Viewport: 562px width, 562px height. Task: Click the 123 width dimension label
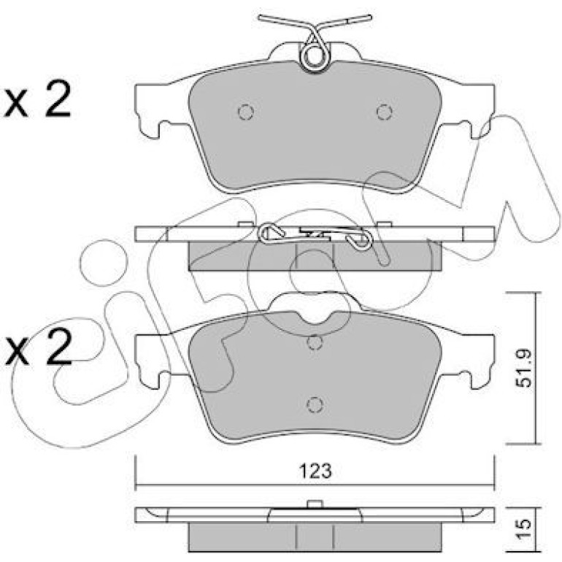(x=315, y=471)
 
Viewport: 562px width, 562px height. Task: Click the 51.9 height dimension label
(x=523, y=369)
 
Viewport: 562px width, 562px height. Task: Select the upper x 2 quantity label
(x=37, y=99)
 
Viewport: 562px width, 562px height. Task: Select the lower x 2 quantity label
(x=37, y=348)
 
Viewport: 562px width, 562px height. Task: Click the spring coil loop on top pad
(x=315, y=57)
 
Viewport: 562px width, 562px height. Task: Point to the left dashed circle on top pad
(x=246, y=112)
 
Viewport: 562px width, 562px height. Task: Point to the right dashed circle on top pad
(x=384, y=112)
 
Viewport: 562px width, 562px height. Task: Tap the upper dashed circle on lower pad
(x=315, y=342)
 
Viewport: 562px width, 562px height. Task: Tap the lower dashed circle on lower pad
(x=315, y=404)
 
